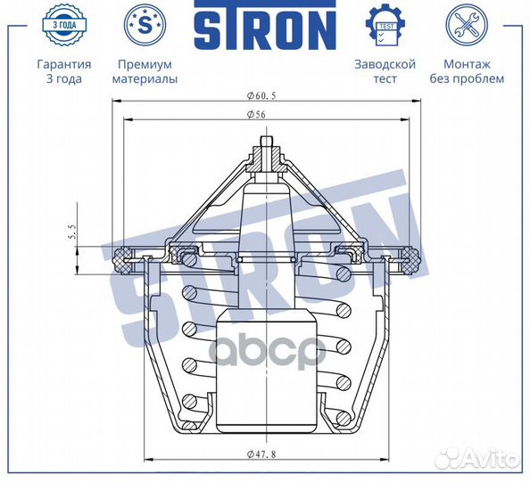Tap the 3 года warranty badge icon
[63, 24]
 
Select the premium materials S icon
[145, 24]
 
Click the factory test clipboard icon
[385, 24]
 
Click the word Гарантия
[63, 64]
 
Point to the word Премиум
[145, 64]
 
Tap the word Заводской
[385, 64]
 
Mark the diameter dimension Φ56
[266, 114]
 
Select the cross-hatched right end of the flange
[410, 260]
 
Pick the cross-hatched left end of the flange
[120, 260]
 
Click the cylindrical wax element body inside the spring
[265, 374]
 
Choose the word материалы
[145, 78]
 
